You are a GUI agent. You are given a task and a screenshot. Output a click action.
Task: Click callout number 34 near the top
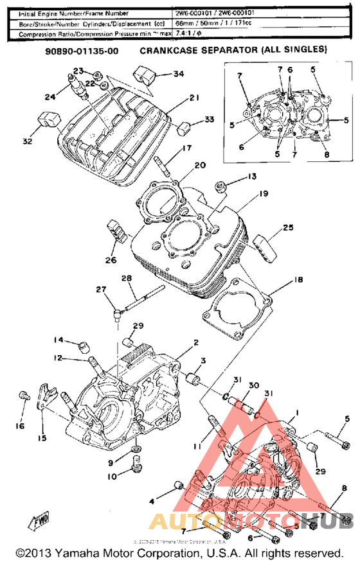[x=178, y=74]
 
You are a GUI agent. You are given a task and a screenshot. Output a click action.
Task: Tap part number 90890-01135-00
[x=81, y=50]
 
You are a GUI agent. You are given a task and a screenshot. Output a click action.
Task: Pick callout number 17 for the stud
[x=186, y=148]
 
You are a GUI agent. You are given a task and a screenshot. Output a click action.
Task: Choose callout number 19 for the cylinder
[x=264, y=193]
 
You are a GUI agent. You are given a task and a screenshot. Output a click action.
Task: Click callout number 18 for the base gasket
[x=298, y=281]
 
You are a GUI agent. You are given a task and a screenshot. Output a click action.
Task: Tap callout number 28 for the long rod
[x=126, y=277]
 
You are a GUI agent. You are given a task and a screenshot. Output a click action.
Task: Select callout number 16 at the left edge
[x=21, y=426]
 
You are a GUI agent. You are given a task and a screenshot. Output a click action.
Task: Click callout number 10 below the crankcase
[x=113, y=476]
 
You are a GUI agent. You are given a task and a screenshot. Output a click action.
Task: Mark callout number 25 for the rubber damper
[x=287, y=228]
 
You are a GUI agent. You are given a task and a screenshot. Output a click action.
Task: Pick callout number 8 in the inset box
[x=326, y=154]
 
